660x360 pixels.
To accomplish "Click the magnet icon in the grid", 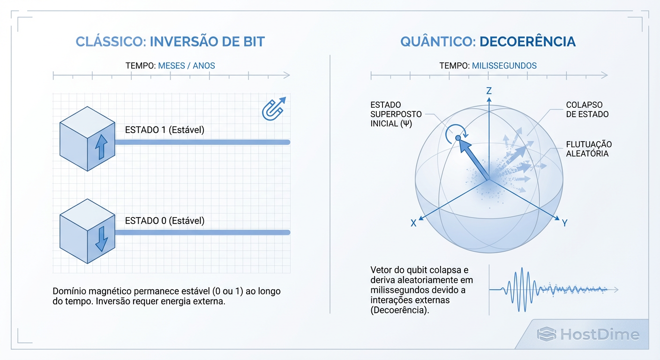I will coord(273,109).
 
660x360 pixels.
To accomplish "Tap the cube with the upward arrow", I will coord(87,139).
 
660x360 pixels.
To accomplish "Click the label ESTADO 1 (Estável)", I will coord(165,130).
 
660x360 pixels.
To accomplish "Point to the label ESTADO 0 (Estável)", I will coord(165,220).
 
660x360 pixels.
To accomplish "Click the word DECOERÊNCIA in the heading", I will coord(527,41).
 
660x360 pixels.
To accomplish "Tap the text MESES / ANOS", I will coord(187,66).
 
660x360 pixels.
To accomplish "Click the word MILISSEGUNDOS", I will coord(504,66).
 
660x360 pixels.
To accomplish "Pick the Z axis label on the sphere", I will coord(489,91).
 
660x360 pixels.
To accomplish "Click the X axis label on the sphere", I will coord(413,224).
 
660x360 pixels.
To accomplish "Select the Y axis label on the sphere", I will coord(564,224).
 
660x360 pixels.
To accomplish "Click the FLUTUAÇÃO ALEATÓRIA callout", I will coord(589,149).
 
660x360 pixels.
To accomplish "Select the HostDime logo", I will coord(588,334).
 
